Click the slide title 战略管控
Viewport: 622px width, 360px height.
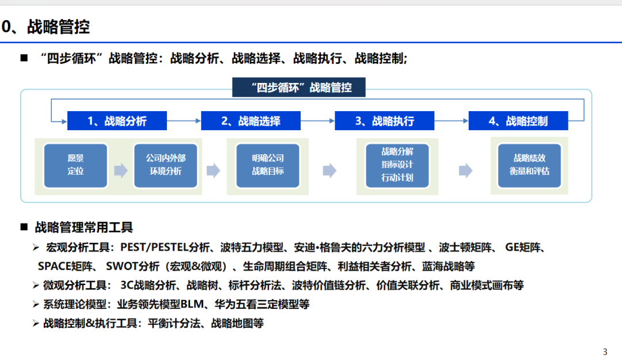(58, 26)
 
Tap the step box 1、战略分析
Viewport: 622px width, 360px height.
(117, 121)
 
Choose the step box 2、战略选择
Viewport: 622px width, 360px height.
(251, 121)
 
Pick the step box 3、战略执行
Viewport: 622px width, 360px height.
(384, 121)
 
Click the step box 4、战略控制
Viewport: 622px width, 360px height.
(518, 121)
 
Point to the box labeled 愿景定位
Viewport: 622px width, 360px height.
(75, 165)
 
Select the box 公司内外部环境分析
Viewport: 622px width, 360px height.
(165, 165)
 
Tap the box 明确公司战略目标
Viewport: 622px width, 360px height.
(268, 165)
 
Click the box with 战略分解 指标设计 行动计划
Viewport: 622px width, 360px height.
(397, 165)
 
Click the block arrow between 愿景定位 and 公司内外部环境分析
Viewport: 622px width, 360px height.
(121, 170)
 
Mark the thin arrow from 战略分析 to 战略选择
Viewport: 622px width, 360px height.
(184, 121)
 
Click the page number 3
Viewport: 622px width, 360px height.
(605, 352)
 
